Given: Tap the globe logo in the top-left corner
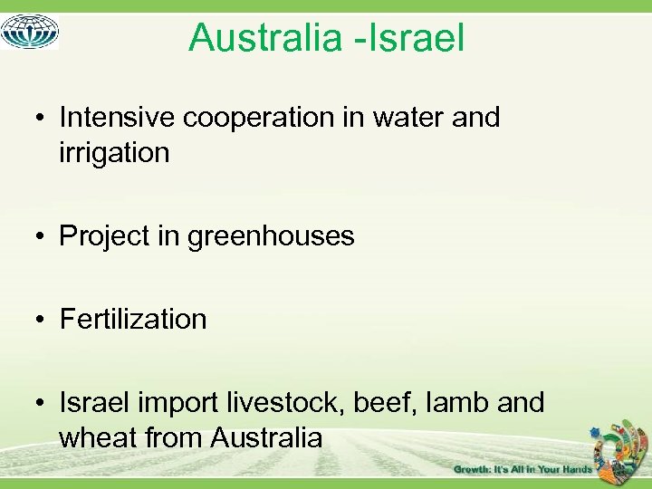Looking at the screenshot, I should pyautogui.click(x=30, y=31).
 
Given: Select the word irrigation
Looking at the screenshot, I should pyautogui.click(x=114, y=153).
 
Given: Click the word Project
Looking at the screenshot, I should pyautogui.click(x=104, y=236).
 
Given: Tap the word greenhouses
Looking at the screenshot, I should pyautogui.click(x=271, y=237).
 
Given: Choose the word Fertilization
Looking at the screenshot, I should pyautogui.click(x=133, y=319).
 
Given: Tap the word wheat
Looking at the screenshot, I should pyautogui.click(x=99, y=438).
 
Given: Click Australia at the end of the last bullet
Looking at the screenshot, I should pyautogui.click(x=266, y=438).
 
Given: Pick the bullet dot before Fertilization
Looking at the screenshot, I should pyautogui.click(x=43, y=320).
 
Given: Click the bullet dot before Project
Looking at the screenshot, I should pyautogui.click(x=43, y=236).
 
